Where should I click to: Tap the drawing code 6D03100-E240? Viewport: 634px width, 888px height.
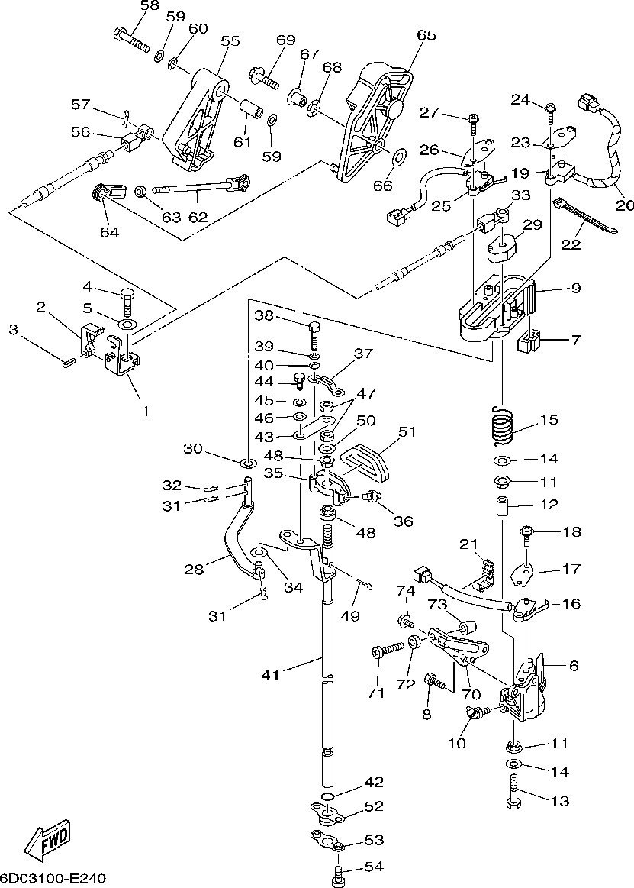(x=53, y=878)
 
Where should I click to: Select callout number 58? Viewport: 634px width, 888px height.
(x=150, y=6)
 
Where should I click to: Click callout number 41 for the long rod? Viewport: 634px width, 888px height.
(x=271, y=674)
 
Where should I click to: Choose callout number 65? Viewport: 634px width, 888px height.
(x=426, y=35)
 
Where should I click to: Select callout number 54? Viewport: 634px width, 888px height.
(x=374, y=867)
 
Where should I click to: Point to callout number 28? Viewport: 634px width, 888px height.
(x=195, y=569)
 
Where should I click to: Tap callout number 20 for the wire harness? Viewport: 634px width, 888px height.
(x=625, y=204)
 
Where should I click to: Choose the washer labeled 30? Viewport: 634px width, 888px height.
(x=248, y=462)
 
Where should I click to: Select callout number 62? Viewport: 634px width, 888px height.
(x=198, y=216)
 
